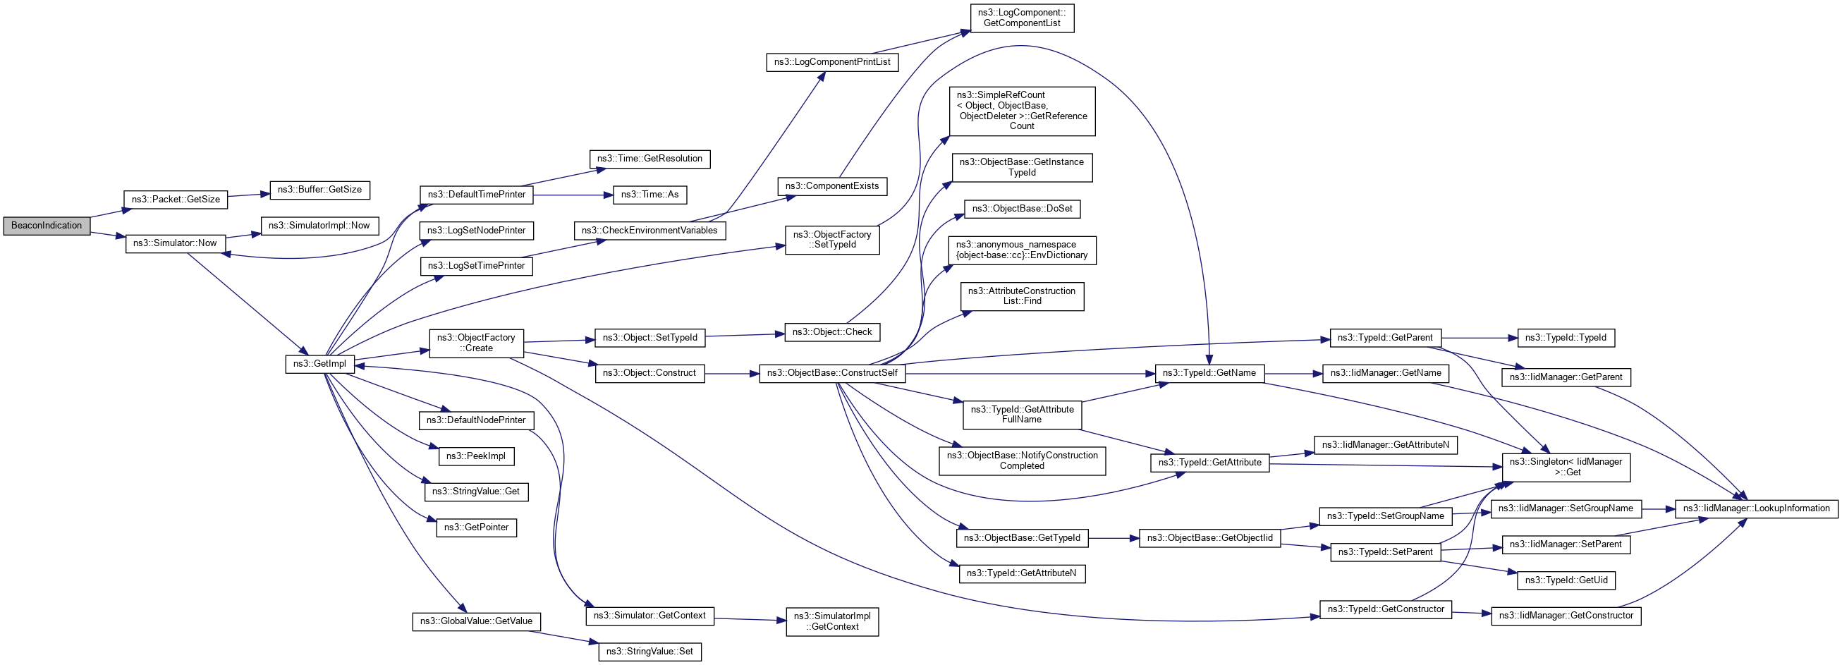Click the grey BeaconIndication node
click(47, 226)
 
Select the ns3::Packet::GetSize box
click(175, 200)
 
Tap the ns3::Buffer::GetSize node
click(319, 190)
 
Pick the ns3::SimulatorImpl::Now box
click(319, 226)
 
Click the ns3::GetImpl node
click(319, 364)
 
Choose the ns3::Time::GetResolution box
click(649, 159)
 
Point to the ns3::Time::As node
click(649, 195)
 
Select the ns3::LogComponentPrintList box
click(831, 62)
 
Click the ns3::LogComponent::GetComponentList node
click(1021, 18)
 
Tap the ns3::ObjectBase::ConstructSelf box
click(831, 373)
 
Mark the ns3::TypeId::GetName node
click(1209, 373)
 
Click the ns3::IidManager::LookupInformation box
click(1755, 508)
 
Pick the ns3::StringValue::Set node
click(649, 652)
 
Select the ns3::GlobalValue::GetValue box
click(475, 621)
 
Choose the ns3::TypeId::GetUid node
click(1566, 580)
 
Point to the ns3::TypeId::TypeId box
click(1566, 338)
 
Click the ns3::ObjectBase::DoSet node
click(1022, 209)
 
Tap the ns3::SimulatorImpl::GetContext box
click(831, 621)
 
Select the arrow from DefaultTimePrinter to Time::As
click(572, 195)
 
